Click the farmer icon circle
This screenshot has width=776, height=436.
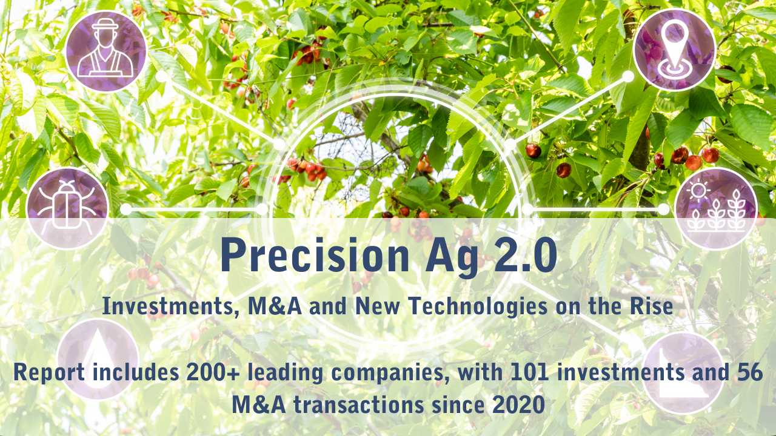coord(105,51)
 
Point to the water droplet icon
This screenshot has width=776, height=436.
coord(98,360)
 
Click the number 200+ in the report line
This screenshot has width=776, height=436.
coord(201,373)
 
